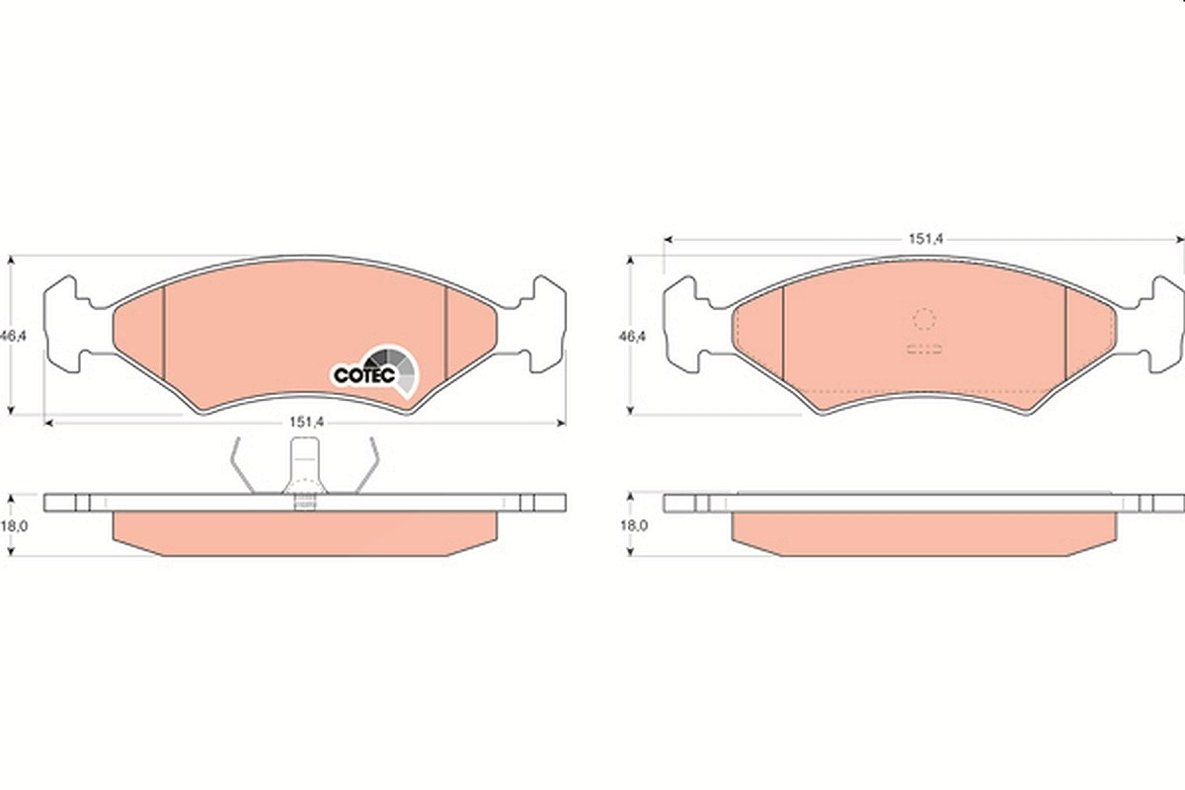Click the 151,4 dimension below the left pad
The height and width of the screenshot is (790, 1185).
(306, 422)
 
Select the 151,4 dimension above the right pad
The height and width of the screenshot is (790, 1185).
(926, 239)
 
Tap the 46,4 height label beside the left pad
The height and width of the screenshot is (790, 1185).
(13, 336)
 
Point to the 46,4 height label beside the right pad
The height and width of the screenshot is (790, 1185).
(633, 336)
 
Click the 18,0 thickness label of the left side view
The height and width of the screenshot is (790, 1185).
(14, 526)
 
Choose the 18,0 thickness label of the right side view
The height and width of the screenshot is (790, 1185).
(634, 525)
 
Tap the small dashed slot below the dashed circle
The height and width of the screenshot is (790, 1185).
(924, 349)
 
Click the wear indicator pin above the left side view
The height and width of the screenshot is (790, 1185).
(305, 472)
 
